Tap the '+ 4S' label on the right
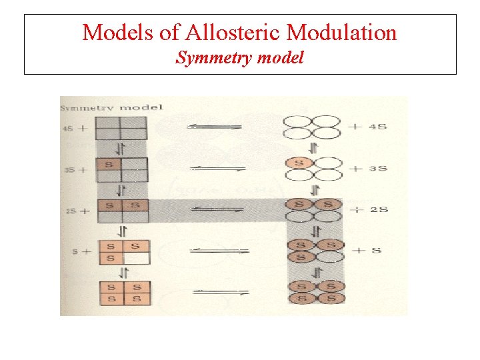[371, 127]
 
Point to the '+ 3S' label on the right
[371, 168]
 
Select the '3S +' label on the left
[73, 169]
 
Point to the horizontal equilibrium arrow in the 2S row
[214, 209]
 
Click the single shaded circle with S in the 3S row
[299, 163]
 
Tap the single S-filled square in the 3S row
[109, 164]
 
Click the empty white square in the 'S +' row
[135, 257]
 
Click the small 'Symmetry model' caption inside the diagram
[111, 108]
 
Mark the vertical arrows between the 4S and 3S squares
[121, 148]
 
